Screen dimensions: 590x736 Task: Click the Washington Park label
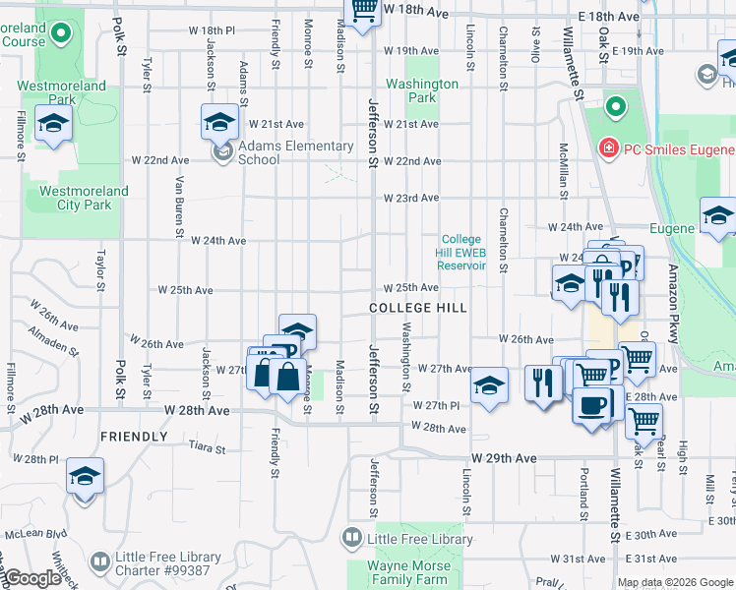[x=422, y=90]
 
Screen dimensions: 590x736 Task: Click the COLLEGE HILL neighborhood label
[x=417, y=308]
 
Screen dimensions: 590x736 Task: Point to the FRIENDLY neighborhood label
[x=133, y=436]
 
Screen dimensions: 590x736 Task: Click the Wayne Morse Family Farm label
[x=408, y=572]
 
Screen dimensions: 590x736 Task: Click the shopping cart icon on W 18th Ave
[x=363, y=11]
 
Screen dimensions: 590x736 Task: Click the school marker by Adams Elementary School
[x=220, y=123]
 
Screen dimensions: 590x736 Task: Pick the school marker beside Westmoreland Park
[x=53, y=124]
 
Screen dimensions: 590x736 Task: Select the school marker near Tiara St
[x=85, y=478]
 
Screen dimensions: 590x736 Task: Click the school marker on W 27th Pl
[x=489, y=386]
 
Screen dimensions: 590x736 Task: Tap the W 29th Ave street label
[x=504, y=459]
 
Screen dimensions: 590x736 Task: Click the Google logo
[x=31, y=578]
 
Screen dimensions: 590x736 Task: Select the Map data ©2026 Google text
[x=674, y=582]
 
